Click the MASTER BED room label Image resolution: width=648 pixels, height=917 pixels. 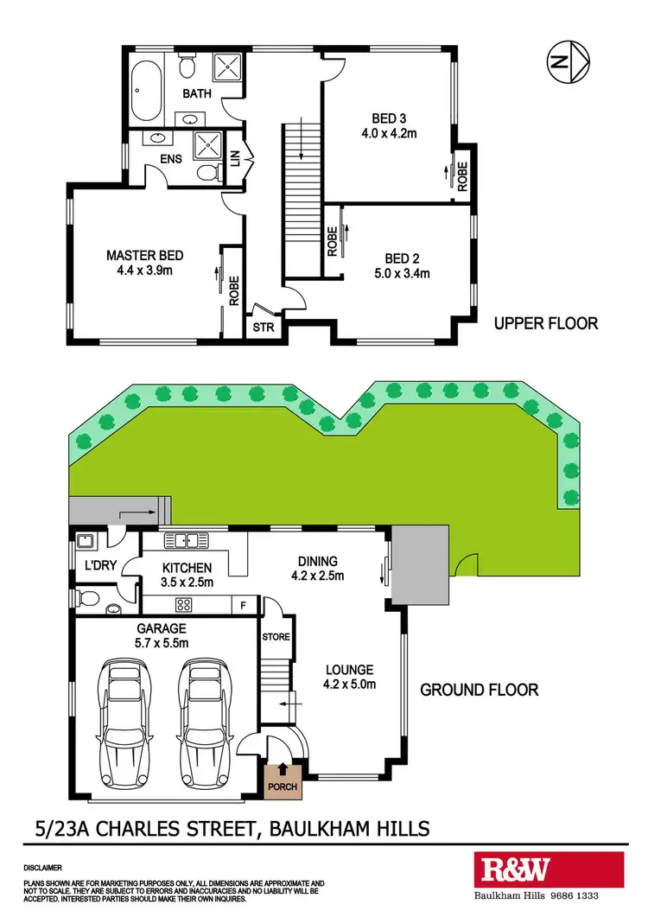tap(145, 256)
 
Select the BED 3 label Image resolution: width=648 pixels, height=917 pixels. tap(390, 118)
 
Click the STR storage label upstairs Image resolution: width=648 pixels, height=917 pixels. tap(261, 328)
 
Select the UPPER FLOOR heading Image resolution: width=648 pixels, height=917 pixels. tap(545, 324)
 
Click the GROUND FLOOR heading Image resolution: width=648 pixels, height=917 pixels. tap(479, 690)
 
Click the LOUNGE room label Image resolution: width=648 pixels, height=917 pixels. tap(349, 670)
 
